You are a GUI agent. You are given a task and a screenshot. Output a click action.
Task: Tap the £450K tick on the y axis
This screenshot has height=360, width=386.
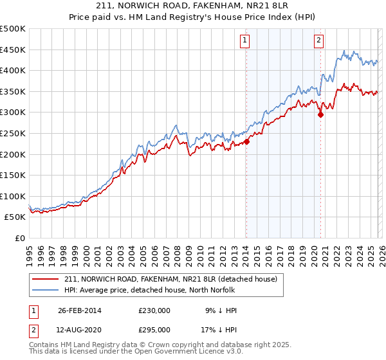tap(13, 50)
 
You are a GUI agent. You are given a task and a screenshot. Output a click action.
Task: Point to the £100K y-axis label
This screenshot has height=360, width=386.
tap(13, 196)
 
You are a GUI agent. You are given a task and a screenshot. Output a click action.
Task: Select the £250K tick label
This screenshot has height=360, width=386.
tap(13, 133)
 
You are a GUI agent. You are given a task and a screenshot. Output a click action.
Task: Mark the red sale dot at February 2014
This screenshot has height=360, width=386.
tap(246, 142)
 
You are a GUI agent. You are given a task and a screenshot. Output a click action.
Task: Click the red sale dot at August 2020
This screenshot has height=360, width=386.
tap(320, 115)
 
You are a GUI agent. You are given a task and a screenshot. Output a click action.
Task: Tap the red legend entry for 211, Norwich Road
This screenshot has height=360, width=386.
tap(170, 279)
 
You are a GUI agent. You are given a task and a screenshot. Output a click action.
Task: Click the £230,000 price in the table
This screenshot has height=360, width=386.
tap(154, 310)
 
